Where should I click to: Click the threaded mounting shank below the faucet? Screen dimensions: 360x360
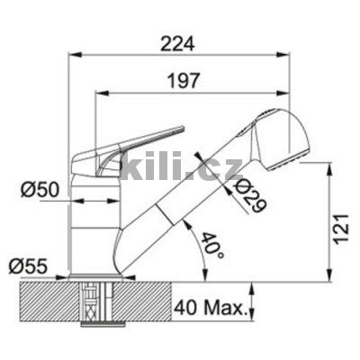[x=93, y=301]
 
